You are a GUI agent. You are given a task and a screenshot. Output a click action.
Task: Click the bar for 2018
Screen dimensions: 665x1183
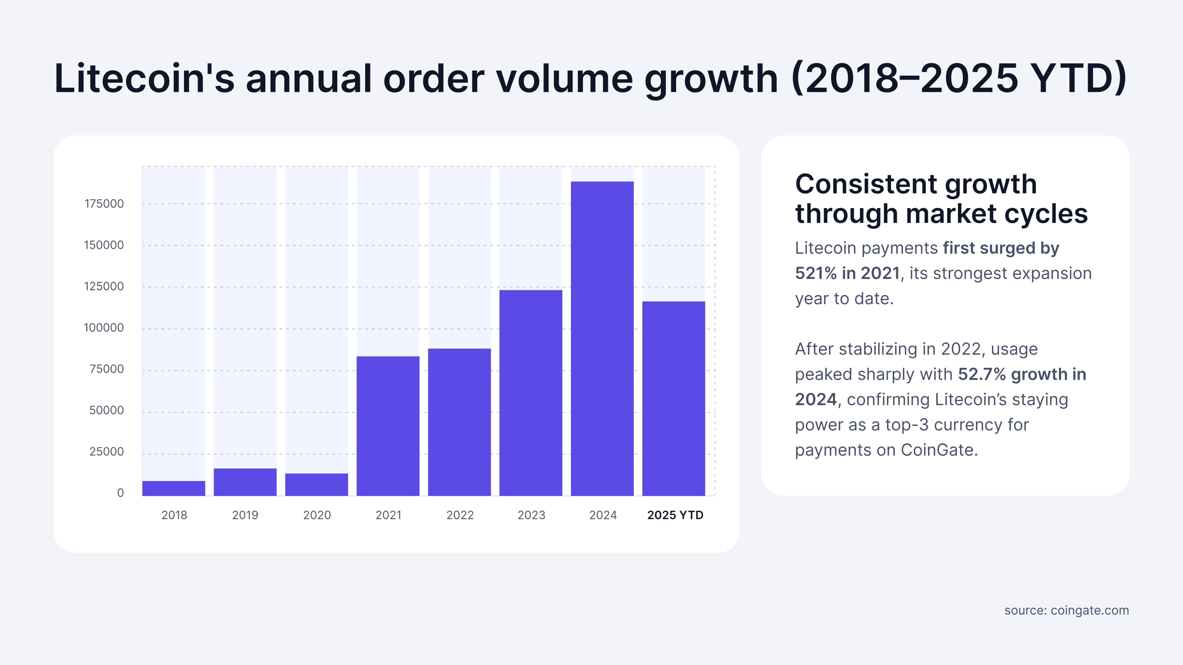(x=174, y=488)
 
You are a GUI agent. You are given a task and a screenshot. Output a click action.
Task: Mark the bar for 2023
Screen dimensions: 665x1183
(x=530, y=393)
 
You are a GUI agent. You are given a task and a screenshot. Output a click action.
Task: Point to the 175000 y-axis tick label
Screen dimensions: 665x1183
(x=104, y=204)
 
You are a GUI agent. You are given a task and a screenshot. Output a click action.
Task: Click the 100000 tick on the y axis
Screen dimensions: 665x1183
(x=104, y=328)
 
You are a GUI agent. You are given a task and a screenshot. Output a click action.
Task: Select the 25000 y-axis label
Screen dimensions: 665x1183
(x=106, y=452)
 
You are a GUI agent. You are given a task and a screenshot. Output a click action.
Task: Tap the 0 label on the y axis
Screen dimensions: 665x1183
(x=120, y=493)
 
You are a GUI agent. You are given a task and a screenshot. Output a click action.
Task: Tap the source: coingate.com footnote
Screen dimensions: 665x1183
(x=1066, y=610)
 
